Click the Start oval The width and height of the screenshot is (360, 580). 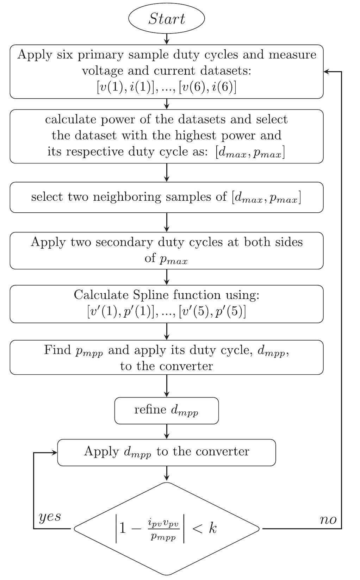(x=167, y=19)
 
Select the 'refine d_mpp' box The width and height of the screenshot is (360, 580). (x=166, y=410)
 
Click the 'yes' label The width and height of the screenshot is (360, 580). (x=50, y=517)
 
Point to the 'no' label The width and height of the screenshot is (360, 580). (x=328, y=519)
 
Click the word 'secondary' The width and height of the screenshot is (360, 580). (x=125, y=242)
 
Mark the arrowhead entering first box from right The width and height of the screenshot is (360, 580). (x=326, y=71)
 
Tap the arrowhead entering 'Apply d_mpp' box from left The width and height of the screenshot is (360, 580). (x=55, y=453)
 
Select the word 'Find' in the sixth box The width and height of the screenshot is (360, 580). (x=57, y=350)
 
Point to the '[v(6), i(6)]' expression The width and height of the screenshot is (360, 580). (x=207, y=87)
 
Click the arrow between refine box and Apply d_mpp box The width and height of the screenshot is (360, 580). (x=167, y=431)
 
